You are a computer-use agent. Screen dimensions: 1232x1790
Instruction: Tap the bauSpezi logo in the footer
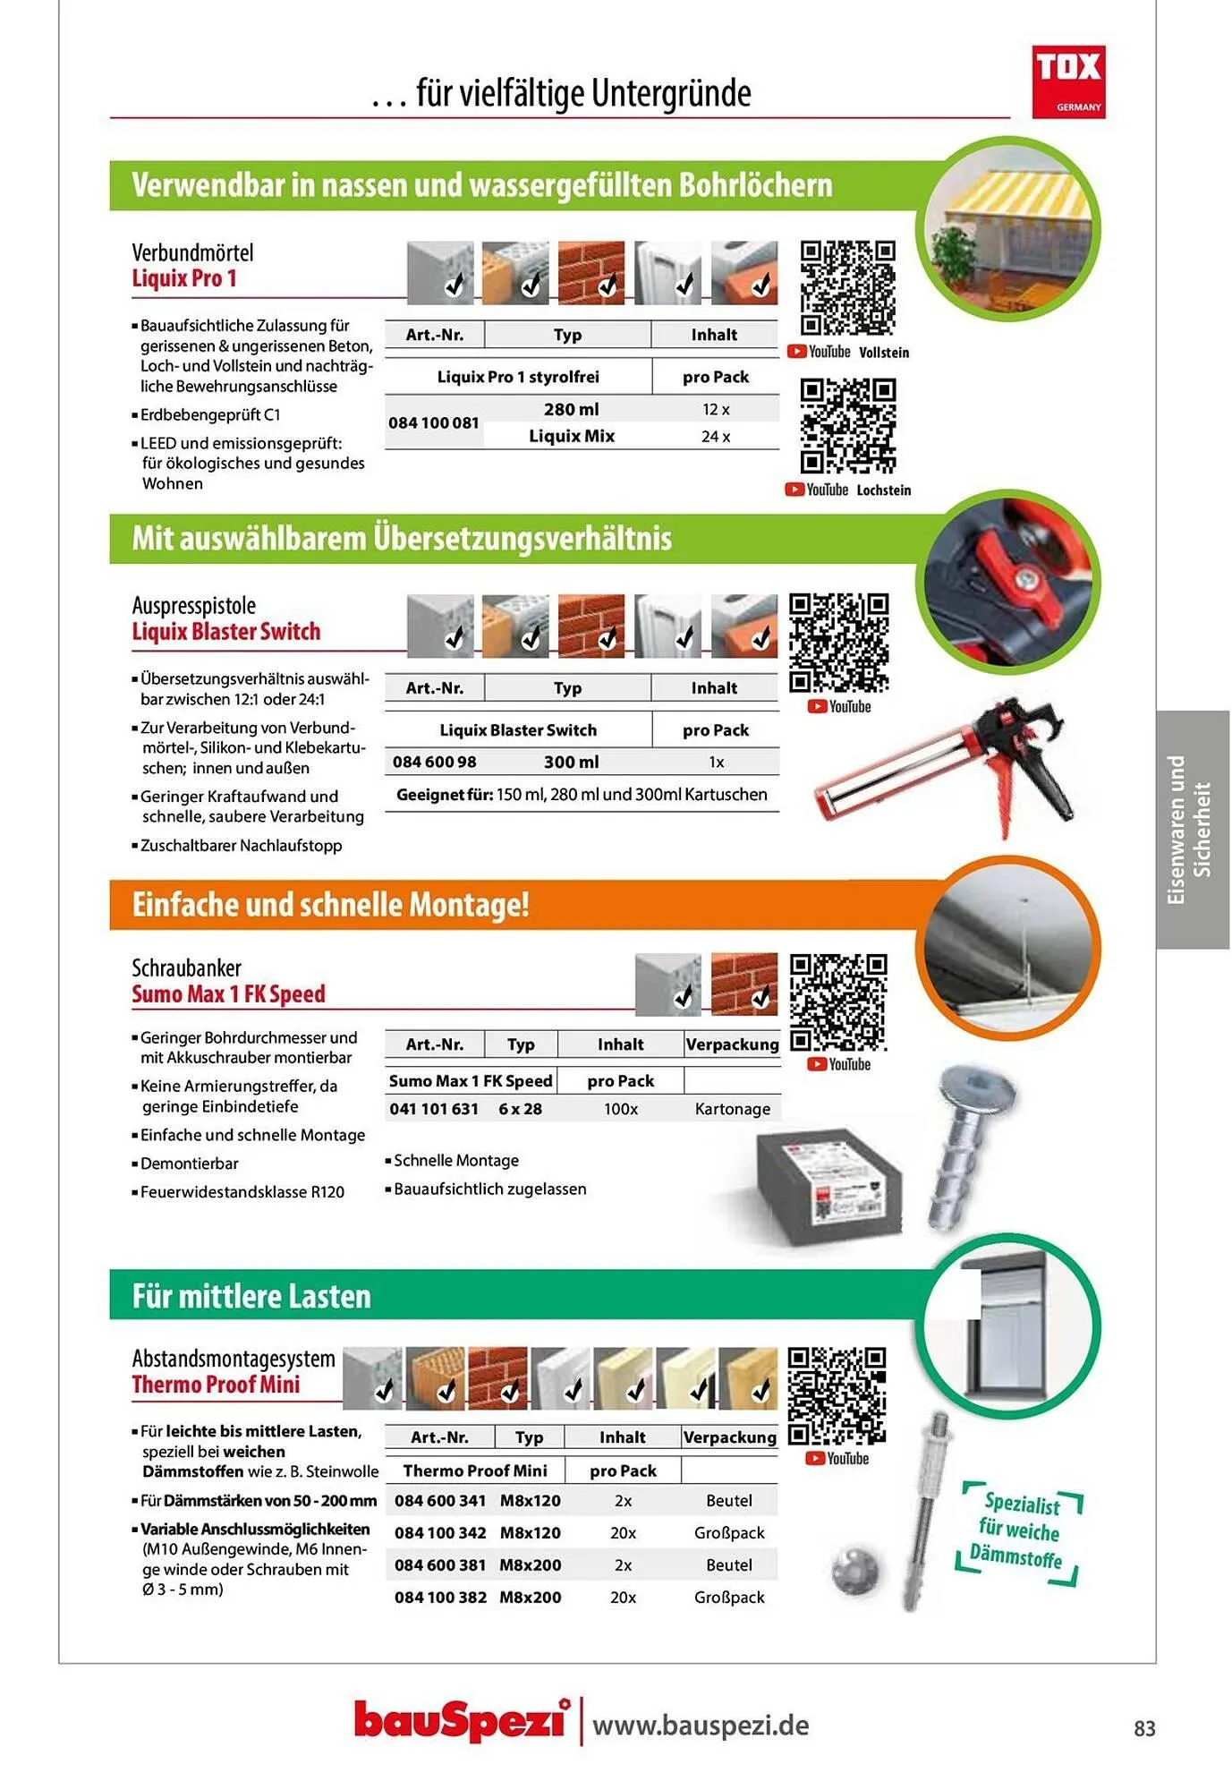(462, 1720)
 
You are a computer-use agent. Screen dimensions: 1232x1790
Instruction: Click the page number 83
(1144, 1728)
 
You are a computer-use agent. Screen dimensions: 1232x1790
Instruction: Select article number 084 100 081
(434, 422)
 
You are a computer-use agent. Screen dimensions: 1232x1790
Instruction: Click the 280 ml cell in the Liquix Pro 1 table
(572, 409)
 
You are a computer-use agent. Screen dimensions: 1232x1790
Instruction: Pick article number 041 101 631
(434, 1109)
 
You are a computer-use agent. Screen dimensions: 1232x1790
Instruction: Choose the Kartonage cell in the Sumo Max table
(733, 1109)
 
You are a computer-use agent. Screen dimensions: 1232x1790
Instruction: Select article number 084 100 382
(440, 1598)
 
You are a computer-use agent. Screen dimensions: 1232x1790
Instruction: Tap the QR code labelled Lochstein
(847, 425)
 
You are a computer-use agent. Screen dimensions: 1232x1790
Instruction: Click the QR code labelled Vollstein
(847, 288)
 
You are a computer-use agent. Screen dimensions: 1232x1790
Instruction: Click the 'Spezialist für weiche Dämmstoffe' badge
(1020, 1531)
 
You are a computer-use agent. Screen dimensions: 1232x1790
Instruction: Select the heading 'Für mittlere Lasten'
(251, 1296)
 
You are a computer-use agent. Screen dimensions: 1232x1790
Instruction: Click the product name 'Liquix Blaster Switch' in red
(226, 632)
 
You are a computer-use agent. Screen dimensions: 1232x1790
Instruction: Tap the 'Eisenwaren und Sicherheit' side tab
(1191, 830)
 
